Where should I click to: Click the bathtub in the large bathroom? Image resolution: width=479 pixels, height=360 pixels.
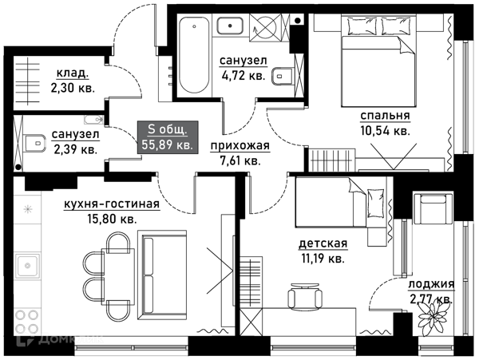coord(195,55)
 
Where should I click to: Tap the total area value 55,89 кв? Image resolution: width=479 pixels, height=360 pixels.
coord(167,144)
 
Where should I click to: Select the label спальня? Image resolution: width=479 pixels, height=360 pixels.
coord(385,116)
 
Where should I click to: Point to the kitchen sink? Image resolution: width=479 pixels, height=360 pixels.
coord(27,266)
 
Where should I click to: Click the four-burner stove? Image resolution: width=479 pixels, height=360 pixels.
coord(27,322)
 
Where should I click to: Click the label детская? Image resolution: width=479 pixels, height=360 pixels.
coord(323,243)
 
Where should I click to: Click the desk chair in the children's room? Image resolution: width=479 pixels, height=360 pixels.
coord(305,295)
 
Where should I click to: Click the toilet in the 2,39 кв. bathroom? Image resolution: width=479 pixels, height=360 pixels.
coord(35,143)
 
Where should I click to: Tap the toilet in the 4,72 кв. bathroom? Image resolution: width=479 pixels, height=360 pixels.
coord(283,76)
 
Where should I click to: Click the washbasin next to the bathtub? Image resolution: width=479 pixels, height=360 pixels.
coord(231,26)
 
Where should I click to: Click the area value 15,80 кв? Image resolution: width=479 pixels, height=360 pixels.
coord(112,219)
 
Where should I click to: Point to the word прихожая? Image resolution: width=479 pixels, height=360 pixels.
coord(240,146)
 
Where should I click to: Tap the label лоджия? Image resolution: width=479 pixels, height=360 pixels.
coord(431,284)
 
